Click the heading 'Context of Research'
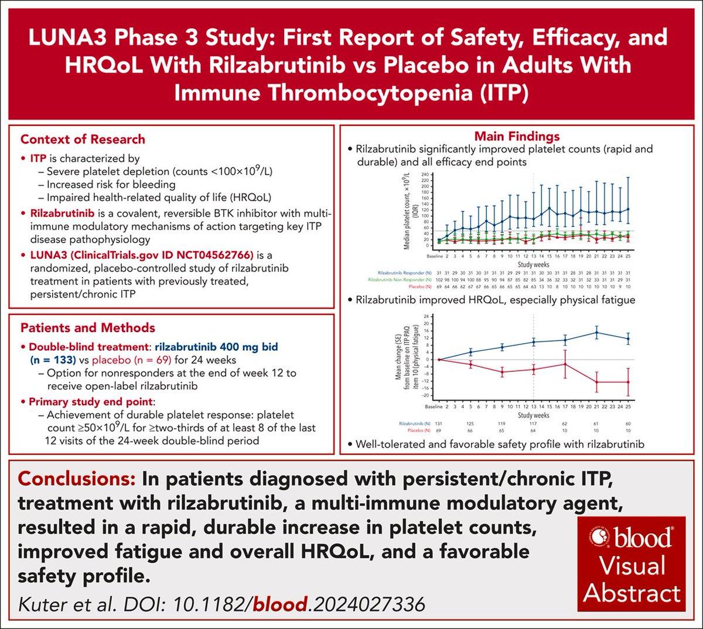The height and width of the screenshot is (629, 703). point(83,139)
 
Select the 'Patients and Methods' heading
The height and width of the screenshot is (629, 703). point(87,328)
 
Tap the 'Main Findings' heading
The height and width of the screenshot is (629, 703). point(517,136)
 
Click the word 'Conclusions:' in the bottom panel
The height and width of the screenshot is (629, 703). point(77,478)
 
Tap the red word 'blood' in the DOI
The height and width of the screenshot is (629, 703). point(279,603)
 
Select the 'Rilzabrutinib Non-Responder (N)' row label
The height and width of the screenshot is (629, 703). point(395,280)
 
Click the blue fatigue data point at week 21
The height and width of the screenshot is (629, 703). point(596,333)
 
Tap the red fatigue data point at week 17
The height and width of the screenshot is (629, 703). point(565,364)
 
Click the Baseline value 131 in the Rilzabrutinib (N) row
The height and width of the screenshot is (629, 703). point(438,423)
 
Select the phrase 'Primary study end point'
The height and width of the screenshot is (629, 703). point(91,402)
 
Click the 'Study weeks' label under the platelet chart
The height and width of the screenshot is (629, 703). point(533,264)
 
